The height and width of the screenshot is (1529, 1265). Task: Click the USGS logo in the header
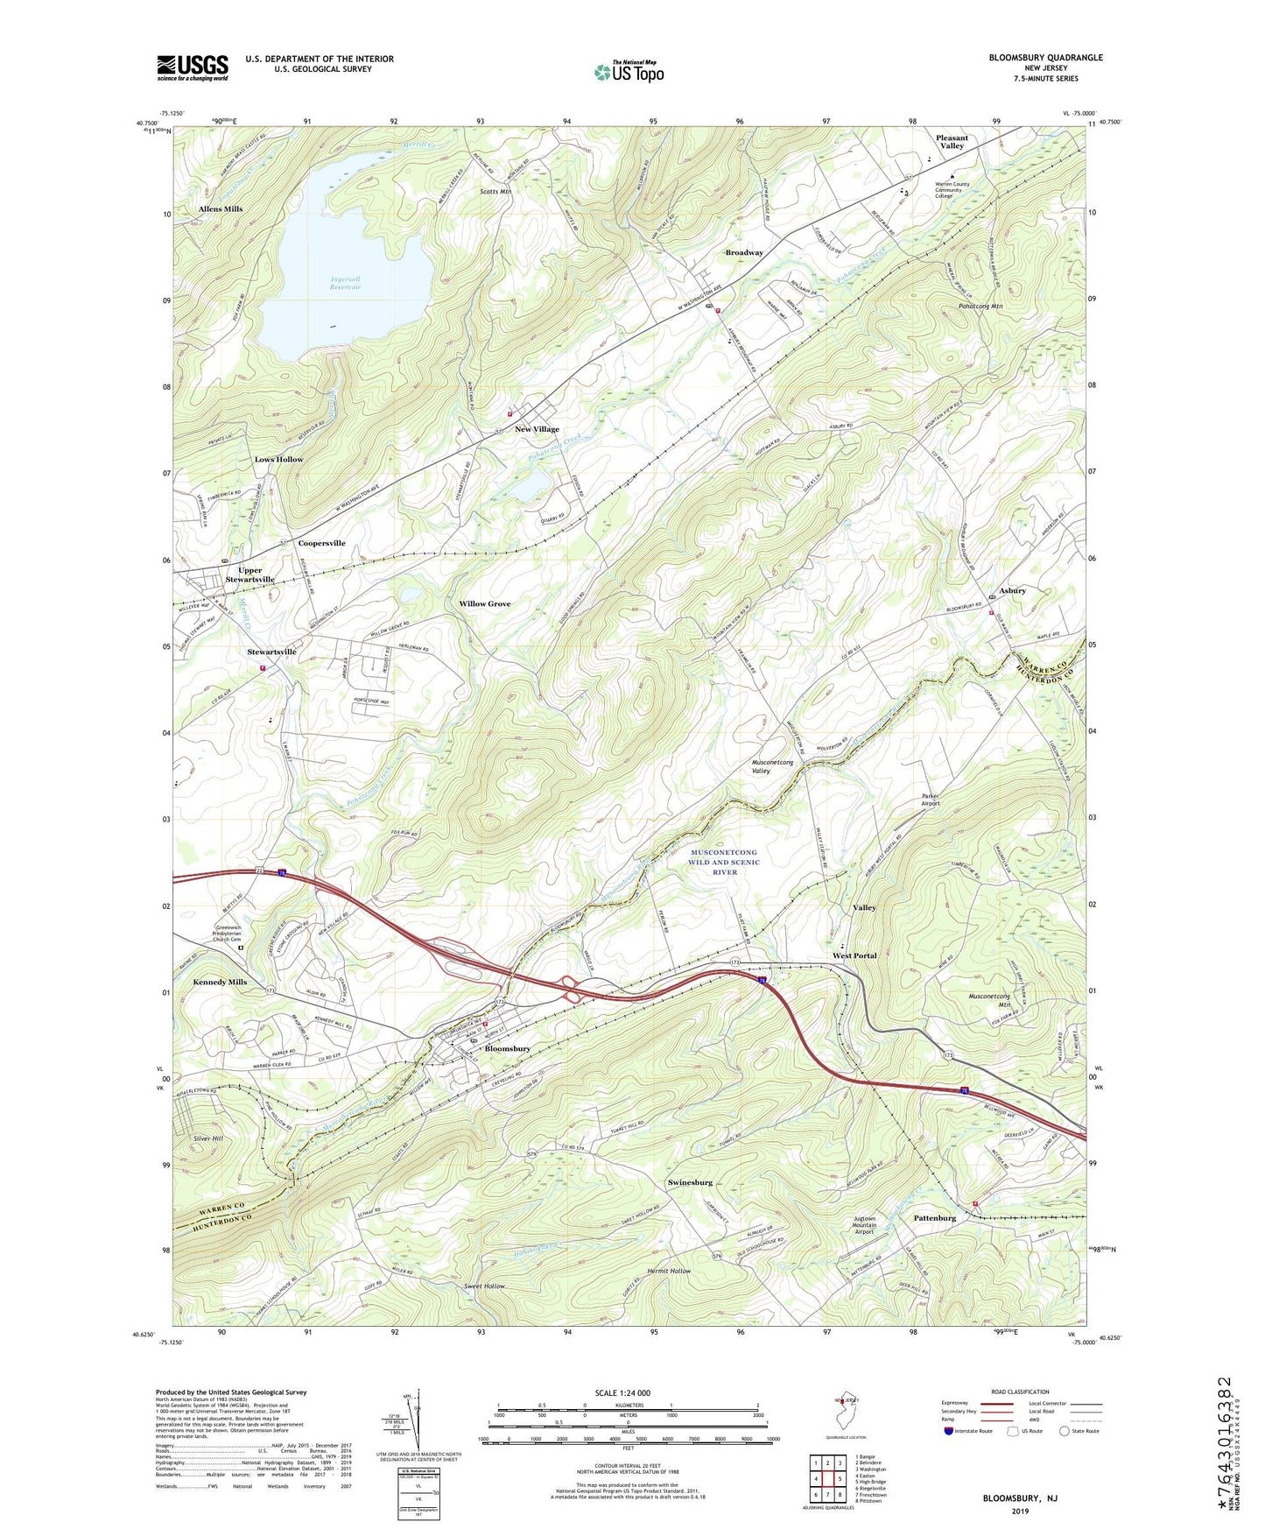pyautogui.click(x=193, y=67)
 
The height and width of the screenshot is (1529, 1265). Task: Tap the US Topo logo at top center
pyautogui.click(x=628, y=72)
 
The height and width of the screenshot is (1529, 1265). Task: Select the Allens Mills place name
pyautogui.click(x=221, y=209)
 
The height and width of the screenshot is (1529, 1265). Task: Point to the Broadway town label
pyautogui.click(x=744, y=252)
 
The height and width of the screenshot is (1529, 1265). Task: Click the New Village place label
pyautogui.click(x=537, y=429)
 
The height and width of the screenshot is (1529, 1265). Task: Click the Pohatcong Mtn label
pyautogui.click(x=980, y=307)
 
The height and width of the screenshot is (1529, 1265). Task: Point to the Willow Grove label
pyautogui.click(x=485, y=604)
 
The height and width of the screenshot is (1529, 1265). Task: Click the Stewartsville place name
pyautogui.click(x=271, y=652)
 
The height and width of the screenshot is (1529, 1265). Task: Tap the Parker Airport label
pyautogui.click(x=931, y=800)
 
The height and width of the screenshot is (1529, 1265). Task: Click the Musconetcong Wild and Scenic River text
pyautogui.click(x=724, y=862)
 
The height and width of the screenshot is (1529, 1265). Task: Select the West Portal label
pyautogui.click(x=854, y=955)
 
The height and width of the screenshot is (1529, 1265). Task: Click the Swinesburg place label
pyautogui.click(x=690, y=1182)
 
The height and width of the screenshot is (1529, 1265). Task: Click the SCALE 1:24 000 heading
pyautogui.click(x=622, y=1392)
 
